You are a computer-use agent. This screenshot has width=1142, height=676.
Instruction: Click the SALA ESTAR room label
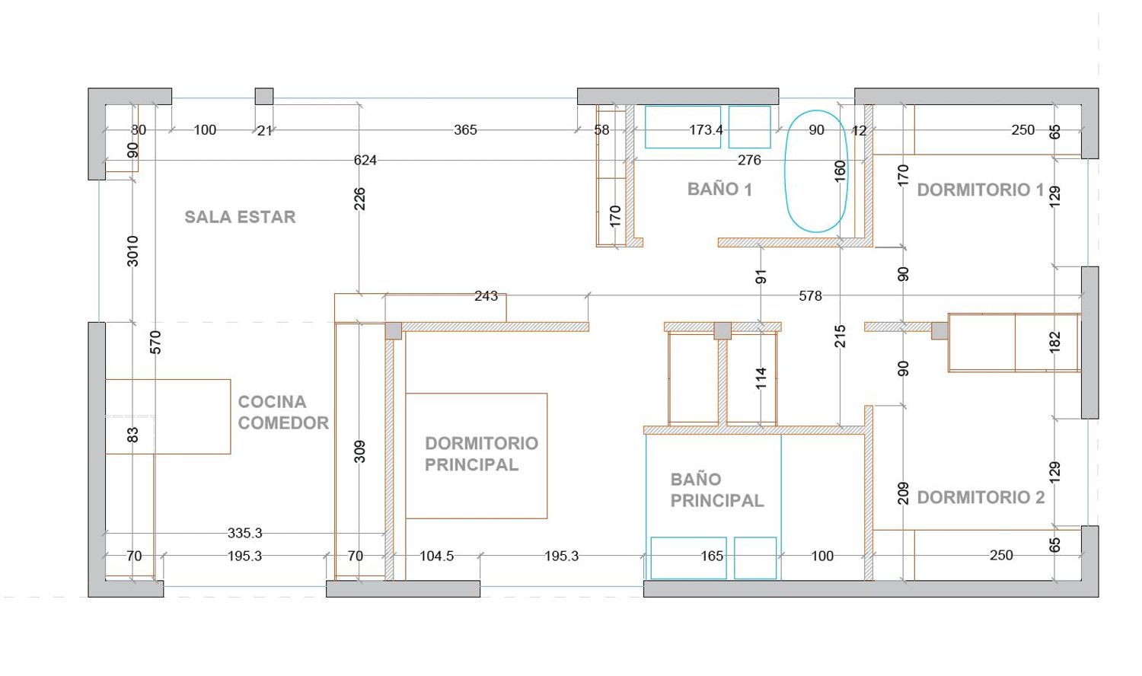[x=240, y=217]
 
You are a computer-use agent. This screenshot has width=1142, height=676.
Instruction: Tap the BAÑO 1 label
[x=719, y=189]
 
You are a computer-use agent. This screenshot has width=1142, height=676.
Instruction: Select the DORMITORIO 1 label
[x=981, y=190]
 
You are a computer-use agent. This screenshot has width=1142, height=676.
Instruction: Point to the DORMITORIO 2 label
[x=981, y=498]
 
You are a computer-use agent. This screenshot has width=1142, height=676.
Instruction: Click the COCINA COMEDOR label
[x=283, y=413]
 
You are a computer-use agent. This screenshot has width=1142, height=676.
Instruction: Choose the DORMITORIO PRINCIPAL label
[x=481, y=454]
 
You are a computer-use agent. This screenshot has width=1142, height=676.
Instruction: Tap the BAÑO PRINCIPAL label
[x=717, y=490]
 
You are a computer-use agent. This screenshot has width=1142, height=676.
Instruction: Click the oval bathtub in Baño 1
[x=815, y=171]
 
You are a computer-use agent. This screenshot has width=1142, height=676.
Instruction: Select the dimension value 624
[x=365, y=161]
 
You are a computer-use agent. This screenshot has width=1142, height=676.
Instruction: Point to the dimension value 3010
[x=132, y=251]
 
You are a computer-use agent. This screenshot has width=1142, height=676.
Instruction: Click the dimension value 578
[x=810, y=296]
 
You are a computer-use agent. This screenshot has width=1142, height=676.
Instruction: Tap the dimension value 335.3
[x=244, y=533]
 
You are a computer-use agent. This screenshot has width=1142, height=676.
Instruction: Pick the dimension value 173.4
[x=706, y=130]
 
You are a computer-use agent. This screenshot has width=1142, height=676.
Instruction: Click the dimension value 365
[x=465, y=130]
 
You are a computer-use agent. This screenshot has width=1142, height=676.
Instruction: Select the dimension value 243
[x=486, y=296]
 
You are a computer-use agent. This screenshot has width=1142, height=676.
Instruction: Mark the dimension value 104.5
[x=436, y=556]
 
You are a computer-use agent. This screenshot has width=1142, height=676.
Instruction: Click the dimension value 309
[x=359, y=451]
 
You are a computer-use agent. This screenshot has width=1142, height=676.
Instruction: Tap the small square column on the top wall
[x=264, y=97]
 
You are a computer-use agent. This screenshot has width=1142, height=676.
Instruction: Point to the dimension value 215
[x=841, y=336]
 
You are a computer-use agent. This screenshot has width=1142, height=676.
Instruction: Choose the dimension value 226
[x=359, y=199]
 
